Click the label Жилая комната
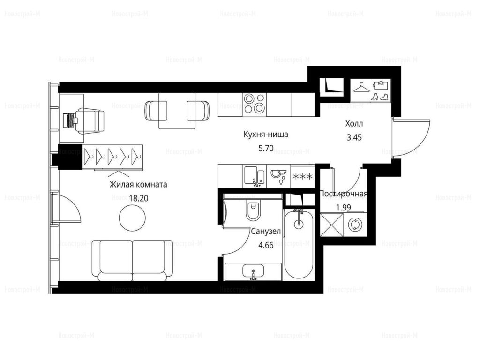(138, 185)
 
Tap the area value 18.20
(138, 198)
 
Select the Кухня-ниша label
(266, 135)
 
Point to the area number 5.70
(266, 149)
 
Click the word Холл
(354, 124)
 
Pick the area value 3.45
(354, 137)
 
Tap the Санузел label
(266, 232)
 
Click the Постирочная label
(343, 194)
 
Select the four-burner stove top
(255, 104)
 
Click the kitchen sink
(254, 177)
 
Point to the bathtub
(299, 244)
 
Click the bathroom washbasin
(254, 271)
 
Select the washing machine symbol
(355, 225)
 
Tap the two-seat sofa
(132, 261)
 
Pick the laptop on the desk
(70, 120)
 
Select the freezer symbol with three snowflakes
(303, 177)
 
